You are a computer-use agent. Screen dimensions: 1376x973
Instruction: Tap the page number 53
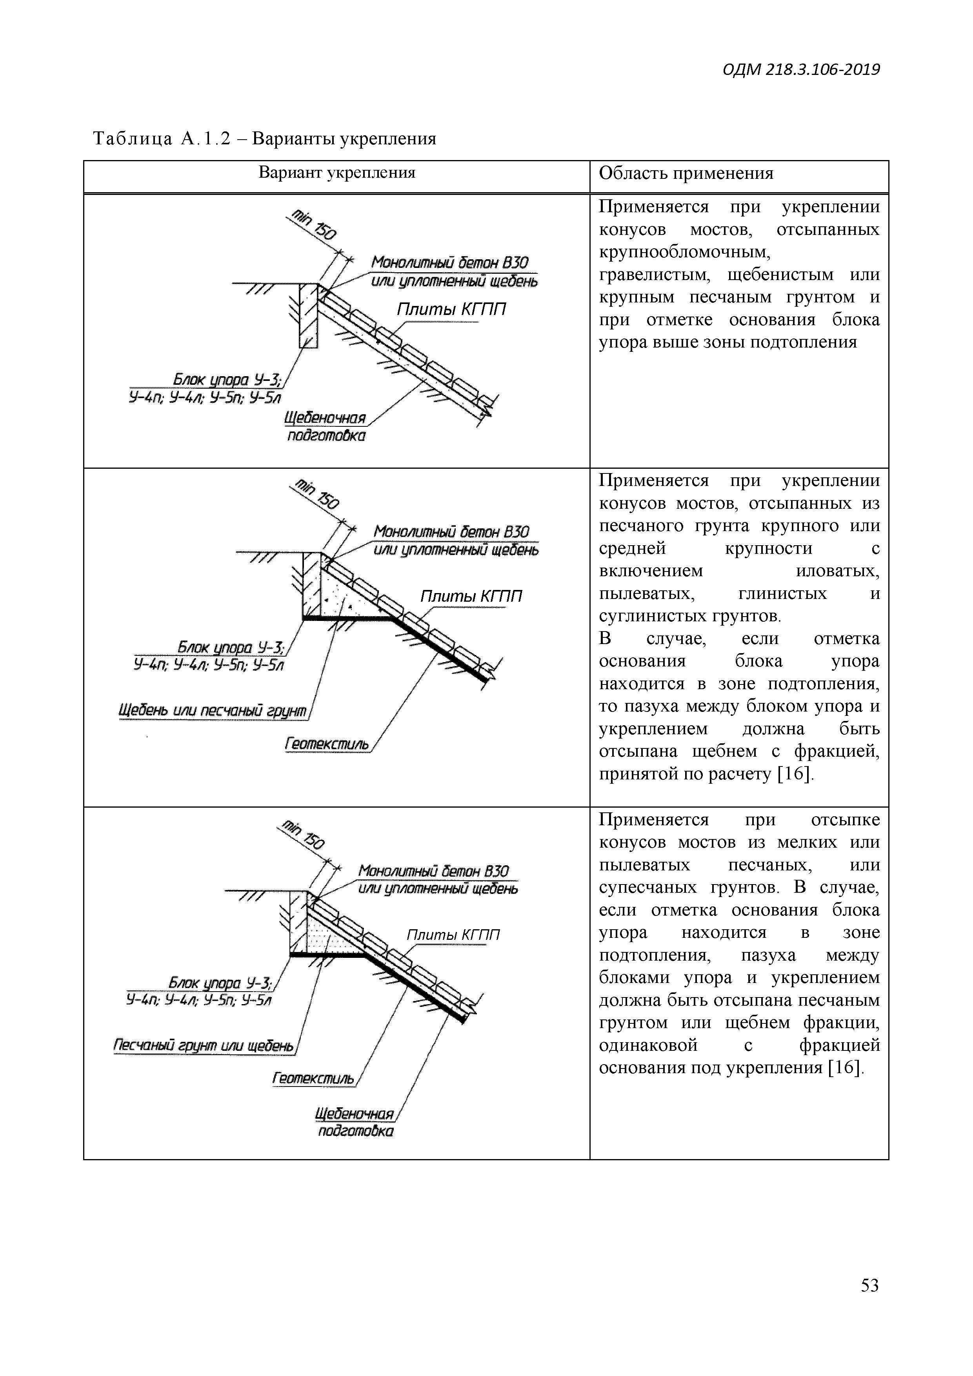[869, 1302]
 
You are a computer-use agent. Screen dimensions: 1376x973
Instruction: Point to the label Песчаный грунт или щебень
[204, 1046]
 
